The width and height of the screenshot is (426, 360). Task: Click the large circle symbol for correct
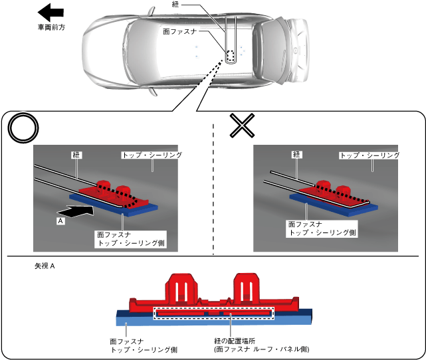(x=23, y=128)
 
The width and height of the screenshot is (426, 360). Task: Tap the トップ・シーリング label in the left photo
(x=152, y=155)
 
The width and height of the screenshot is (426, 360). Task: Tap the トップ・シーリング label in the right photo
(x=370, y=155)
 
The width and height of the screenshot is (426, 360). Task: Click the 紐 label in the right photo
(x=296, y=155)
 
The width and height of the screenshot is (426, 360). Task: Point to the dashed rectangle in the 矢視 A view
(x=213, y=312)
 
